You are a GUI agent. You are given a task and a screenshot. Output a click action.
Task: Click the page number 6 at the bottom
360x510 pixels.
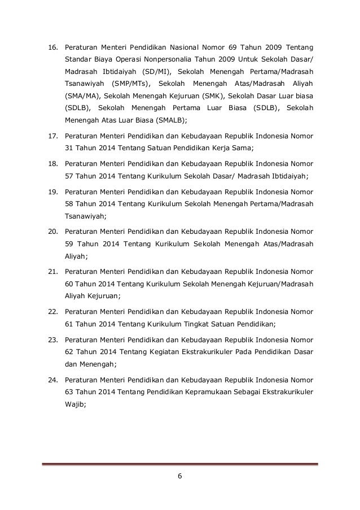(179, 476)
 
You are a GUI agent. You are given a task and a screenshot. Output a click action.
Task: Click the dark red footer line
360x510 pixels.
(179, 464)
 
